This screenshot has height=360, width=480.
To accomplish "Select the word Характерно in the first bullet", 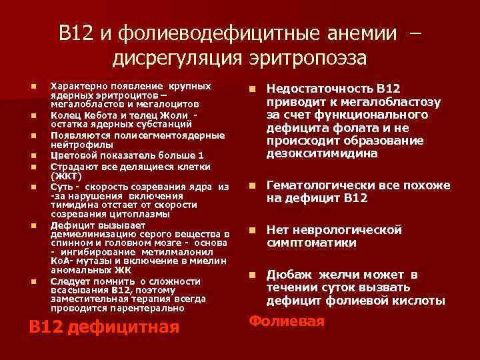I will point(77,87).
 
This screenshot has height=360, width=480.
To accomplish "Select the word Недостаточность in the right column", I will point(319,89).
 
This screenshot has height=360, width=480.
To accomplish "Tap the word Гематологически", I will point(319,185).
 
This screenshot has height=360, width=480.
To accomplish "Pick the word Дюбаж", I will point(287,275).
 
